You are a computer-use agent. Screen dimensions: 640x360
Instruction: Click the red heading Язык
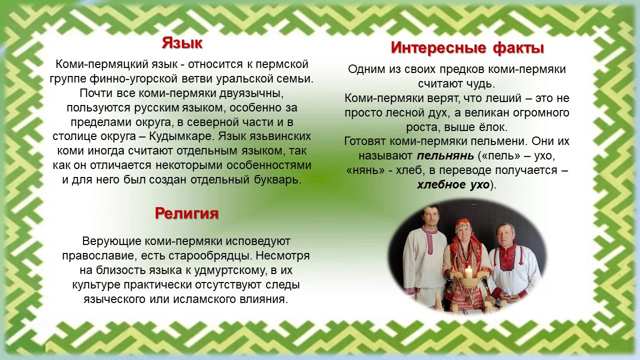coord(182,43)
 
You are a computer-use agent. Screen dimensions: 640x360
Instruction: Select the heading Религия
coord(187,213)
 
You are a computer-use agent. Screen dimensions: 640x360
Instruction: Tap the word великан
coord(486,112)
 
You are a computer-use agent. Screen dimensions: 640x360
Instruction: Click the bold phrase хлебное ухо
coord(453,185)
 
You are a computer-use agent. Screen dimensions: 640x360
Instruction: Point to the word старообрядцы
coord(210,255)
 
